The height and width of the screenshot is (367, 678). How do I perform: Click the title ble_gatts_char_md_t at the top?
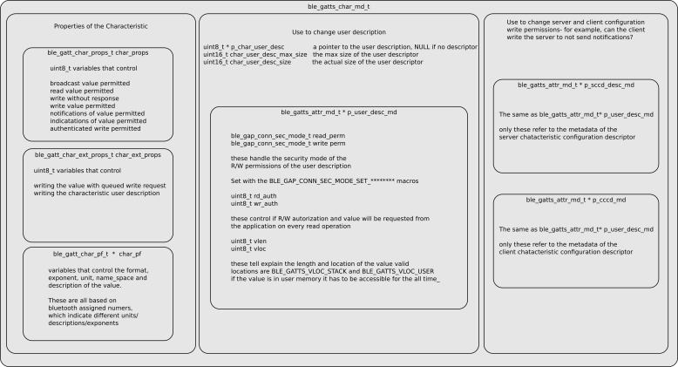coord(338,7)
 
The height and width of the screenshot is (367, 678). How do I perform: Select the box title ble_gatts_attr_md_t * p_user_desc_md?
coord(339,112)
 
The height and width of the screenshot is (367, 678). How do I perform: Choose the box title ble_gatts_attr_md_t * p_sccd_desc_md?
coord(576,85)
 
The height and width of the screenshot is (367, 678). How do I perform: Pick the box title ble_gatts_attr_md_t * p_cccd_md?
coord(576,200)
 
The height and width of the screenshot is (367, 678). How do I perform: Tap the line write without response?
coord(86,98)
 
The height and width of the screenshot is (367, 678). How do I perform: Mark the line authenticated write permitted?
coord(95,129)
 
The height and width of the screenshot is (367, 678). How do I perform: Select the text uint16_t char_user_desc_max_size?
coord(254,54)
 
